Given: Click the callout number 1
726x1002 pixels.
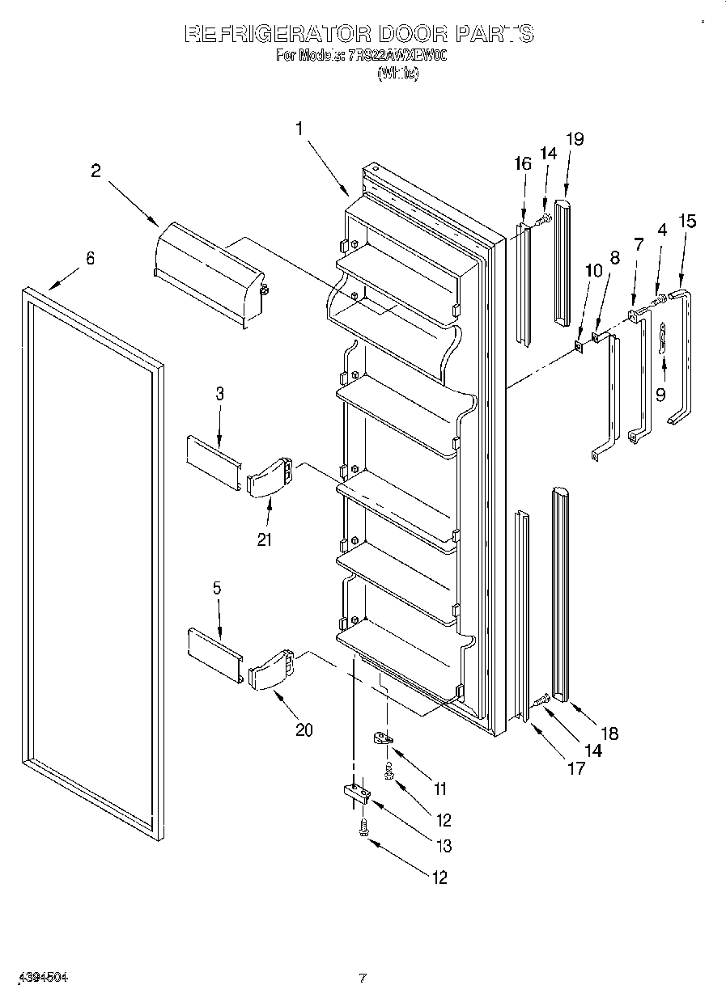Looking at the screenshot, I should [299, 128].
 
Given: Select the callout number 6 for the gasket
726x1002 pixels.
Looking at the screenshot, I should [90, 258].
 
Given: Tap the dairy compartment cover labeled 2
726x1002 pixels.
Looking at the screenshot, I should [210, 272].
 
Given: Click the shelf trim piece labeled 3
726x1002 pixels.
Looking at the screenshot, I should [214, 460].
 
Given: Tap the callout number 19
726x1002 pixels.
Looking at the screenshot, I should [575, 138].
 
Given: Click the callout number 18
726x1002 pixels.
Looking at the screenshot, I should [609, 734].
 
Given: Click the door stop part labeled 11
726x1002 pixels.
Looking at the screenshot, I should [383, 738].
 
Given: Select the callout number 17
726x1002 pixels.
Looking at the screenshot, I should [575, 768].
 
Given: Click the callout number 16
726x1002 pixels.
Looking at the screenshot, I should [522, 163].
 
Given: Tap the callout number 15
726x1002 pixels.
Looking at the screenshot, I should [686, 221].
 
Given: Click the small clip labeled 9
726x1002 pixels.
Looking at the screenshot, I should [663, 336].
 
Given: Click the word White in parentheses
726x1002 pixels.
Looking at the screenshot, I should [397, 74].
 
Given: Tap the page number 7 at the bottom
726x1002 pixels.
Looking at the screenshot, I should [363, 978].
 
